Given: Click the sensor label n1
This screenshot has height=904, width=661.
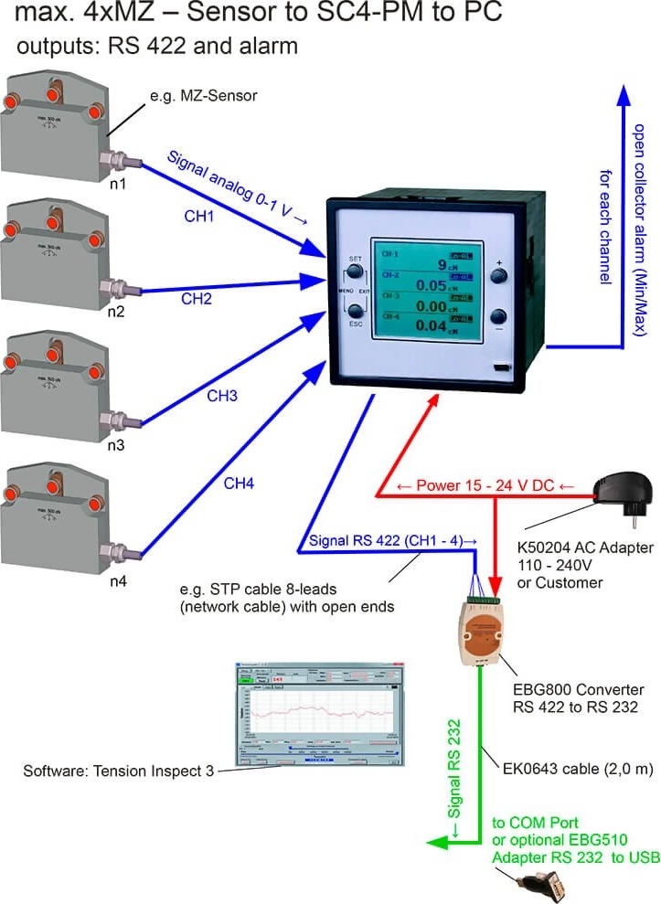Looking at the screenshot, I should tap(116, 185).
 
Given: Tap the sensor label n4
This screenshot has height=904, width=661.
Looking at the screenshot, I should tap(116, 582).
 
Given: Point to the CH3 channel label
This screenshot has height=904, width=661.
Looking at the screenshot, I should tap(222, 396).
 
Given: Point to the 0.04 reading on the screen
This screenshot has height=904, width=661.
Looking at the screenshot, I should tap(426, 325).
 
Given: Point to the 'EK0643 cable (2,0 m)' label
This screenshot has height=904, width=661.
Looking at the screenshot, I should tap(572, 769).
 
